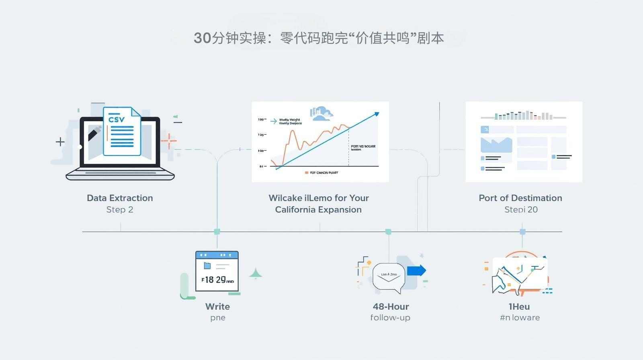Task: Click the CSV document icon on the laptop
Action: (122, 131)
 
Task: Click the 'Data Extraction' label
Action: (120, 198)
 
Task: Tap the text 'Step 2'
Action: (120, 210)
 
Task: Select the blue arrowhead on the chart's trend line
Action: (376, 114)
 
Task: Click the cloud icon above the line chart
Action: (321, 114)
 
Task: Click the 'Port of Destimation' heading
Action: (520, 198)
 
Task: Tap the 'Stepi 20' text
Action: (521, 210)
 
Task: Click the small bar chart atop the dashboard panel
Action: (523, 116)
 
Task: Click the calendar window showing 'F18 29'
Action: (217, 271)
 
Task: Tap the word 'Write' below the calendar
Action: (217, 307)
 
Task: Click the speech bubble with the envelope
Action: (388, 277)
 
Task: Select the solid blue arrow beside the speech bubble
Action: (416, 270)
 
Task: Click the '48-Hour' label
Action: (391, 307)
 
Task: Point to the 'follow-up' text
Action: (390, 318)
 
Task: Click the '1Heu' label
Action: (519, 307)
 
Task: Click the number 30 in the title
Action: (202, 38)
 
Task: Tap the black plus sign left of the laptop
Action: (60, 141)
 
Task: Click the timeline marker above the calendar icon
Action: (217, 231)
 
